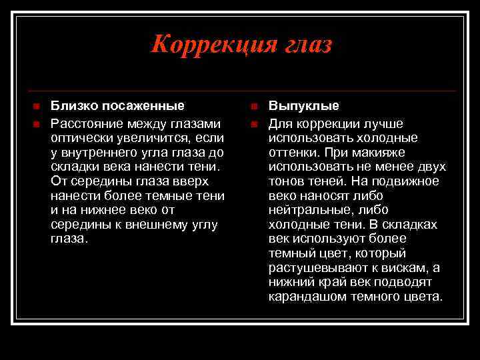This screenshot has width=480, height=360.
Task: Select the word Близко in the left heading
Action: (72, 106)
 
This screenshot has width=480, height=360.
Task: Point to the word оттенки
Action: (292, 152)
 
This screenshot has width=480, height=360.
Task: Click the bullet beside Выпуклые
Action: (253, 107)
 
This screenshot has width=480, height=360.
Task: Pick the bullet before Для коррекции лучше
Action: (253, 124)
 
